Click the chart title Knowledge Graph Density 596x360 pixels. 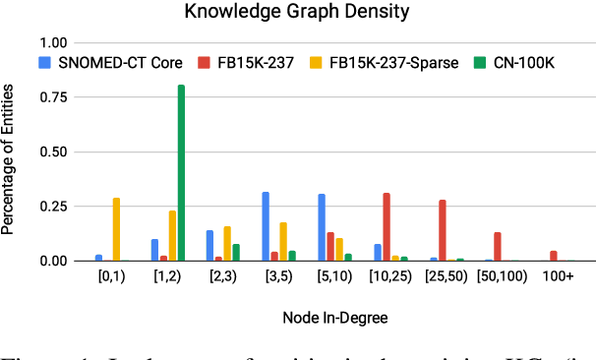tap(297, 14)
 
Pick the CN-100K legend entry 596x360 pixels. tap(484, 61)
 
